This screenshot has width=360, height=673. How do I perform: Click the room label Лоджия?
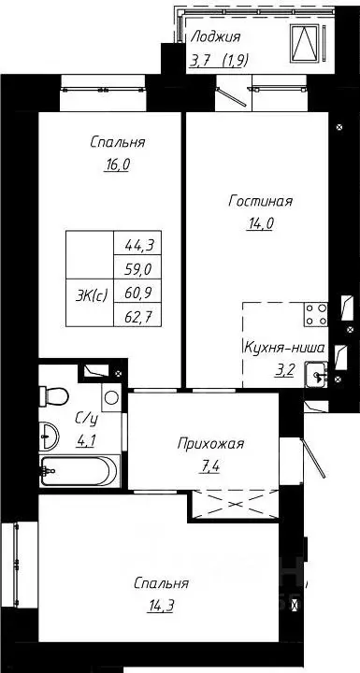click(215, 37)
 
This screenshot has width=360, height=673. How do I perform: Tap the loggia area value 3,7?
click(200, 62)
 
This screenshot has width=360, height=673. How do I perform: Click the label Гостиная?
click(261, 200)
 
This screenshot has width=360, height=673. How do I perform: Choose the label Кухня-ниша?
click(283, 347)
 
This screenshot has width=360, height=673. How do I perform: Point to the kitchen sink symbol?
click(320, 376)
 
